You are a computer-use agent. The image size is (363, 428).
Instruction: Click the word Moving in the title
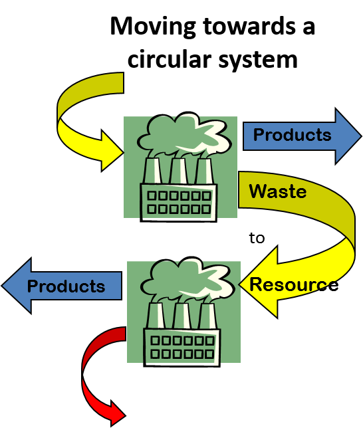153,27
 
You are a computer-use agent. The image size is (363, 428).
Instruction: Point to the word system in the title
258,60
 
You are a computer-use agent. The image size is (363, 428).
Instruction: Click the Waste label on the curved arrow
277,191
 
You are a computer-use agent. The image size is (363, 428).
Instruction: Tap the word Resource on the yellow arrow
294,284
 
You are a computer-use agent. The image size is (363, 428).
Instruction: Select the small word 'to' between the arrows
257,238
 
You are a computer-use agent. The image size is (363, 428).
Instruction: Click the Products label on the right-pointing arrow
292,134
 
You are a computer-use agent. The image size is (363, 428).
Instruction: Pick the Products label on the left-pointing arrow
66,286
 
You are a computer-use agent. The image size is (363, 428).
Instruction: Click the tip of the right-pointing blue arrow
362,136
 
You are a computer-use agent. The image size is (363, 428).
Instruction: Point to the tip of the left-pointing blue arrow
1,286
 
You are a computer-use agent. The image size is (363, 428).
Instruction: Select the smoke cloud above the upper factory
183,134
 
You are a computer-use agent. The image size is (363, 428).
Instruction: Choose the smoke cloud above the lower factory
187,280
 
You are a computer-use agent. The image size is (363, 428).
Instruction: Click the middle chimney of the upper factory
178,171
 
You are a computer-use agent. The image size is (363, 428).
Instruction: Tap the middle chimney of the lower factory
182,316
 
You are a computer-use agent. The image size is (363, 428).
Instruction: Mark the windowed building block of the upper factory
179,203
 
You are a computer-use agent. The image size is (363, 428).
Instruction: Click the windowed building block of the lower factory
182,347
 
